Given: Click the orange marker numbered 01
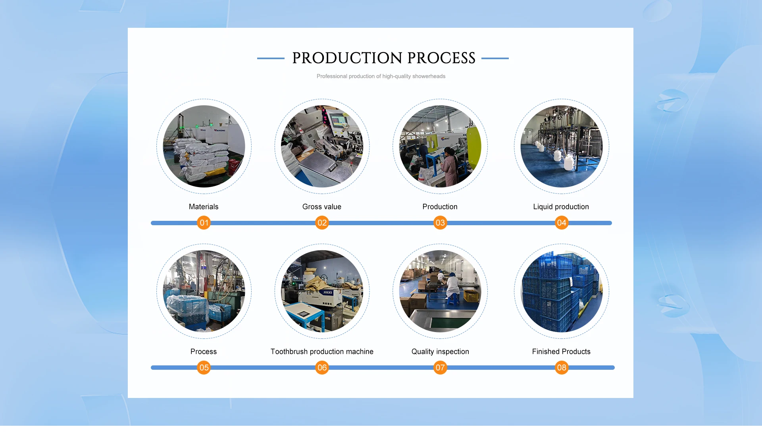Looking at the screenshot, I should coord(204,223).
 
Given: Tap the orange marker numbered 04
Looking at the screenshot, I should coord(561,223).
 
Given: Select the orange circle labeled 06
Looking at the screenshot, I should coord(322,368).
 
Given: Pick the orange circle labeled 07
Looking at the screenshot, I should coord(440,368).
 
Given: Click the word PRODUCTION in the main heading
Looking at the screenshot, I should coord(347,58).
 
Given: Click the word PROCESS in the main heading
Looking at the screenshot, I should coord(441,58).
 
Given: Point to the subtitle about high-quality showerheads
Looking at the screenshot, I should coord(381,76).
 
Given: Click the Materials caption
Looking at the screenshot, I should coord(204,207).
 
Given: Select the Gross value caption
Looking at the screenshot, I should coord(322,207).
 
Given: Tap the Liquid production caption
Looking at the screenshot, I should coord(561,207).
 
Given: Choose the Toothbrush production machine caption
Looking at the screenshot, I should coord(322,351).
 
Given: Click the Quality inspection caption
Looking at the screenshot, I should coord(440,351).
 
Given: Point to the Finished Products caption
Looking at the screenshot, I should coord(561,351).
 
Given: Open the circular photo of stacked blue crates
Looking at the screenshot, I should coord(561,291).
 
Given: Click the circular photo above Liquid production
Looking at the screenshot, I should coord(561,146).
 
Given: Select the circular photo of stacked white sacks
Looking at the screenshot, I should coord(204,146).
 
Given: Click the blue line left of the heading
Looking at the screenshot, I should coord(271,58).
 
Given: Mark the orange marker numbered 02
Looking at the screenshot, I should coord(322,223).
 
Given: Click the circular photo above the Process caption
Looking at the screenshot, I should coord(204,291).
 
